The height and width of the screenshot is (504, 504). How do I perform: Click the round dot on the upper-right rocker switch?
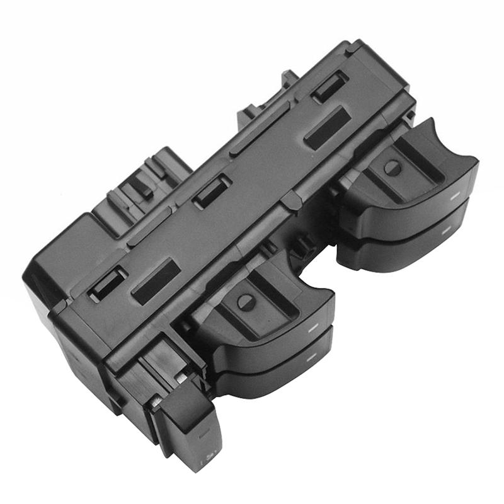click(392, 168)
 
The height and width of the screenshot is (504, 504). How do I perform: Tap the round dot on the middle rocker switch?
click(246, 302)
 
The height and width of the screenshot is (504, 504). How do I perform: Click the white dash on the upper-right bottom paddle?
click(445, 231)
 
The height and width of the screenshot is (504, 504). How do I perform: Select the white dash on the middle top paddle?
click(311, 329)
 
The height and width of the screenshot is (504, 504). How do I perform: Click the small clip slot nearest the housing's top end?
click(330, 86)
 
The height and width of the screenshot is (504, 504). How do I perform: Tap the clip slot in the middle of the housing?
click(212, 191)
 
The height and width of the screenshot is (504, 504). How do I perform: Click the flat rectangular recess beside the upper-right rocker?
click(327, 128)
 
